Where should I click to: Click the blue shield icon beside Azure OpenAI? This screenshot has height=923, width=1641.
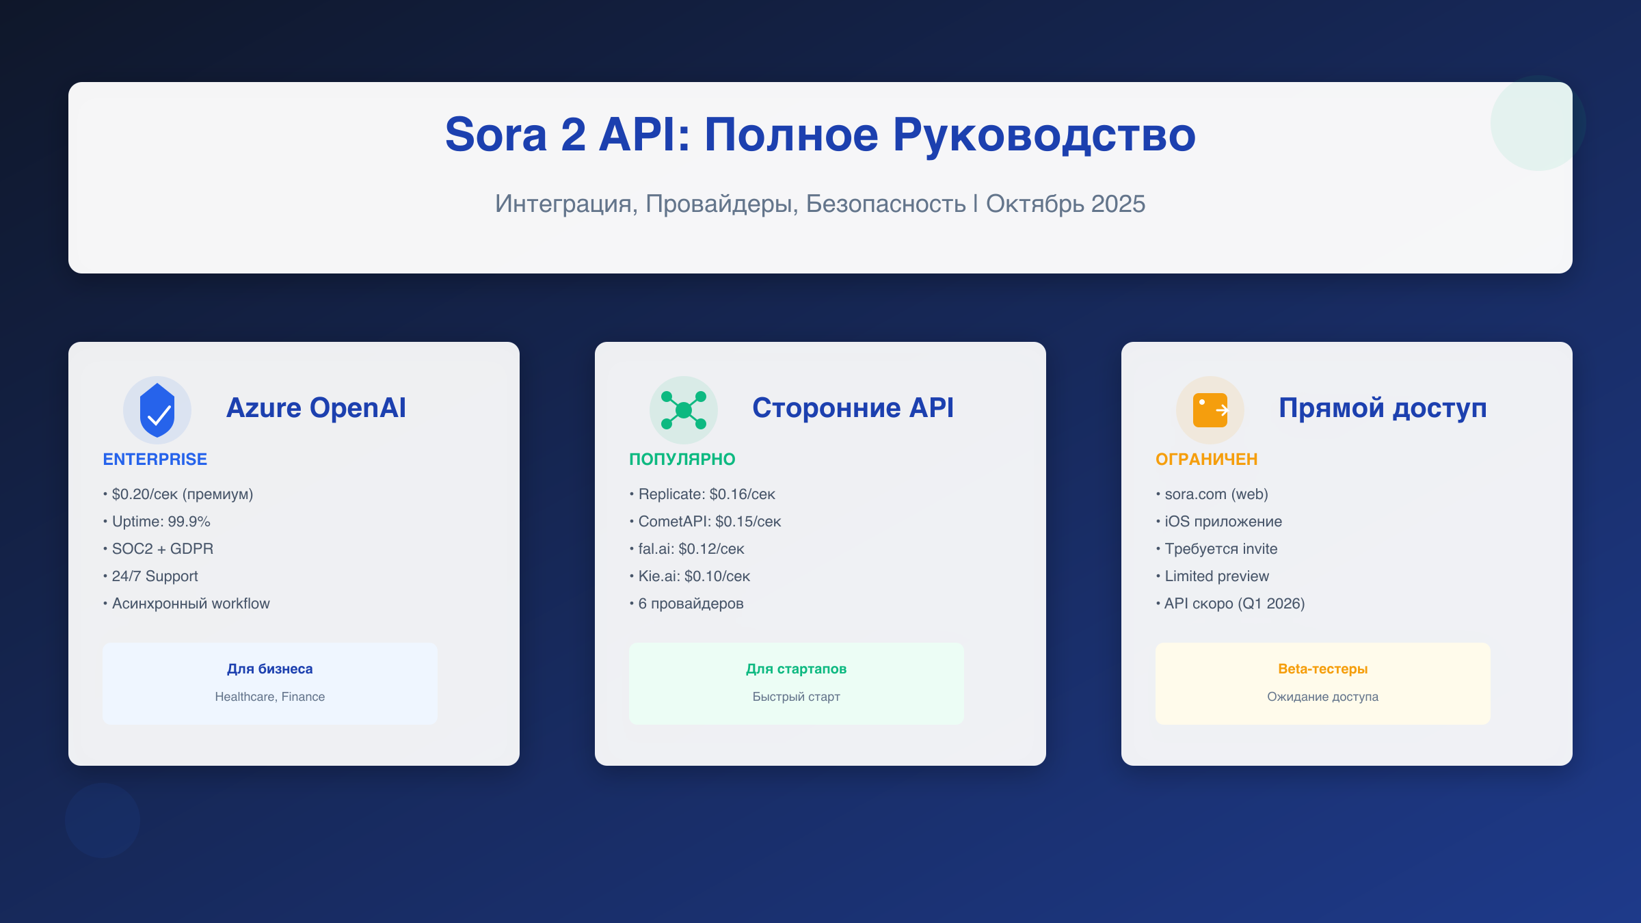157,410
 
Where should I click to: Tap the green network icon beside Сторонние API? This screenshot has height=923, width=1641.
684,410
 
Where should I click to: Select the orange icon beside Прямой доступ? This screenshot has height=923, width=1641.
1210,410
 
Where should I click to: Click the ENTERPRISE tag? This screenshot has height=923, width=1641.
155,459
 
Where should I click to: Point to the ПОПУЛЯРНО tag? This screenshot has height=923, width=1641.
682,459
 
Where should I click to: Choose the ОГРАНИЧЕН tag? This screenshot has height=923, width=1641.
1206,459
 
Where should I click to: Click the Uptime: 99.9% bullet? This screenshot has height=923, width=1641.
161,522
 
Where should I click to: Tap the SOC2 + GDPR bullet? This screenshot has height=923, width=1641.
162,549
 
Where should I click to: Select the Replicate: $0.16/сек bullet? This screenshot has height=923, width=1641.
706,494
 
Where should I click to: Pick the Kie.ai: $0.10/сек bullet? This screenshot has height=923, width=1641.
693,576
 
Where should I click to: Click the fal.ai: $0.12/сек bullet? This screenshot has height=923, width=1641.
691,549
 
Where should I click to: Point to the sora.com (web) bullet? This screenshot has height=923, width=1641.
1216,494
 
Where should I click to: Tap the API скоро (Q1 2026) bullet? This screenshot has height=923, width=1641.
1234,604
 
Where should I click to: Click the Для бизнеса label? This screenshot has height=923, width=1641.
270,669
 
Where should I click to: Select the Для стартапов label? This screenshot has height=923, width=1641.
796,669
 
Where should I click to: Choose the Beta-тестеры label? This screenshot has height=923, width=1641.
1322,669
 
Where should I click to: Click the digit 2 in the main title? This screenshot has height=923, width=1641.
574,135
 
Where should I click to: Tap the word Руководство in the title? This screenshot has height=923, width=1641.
1044,135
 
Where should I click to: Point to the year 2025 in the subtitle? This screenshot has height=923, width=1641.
1118,204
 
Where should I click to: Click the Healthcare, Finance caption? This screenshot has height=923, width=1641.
270,697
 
